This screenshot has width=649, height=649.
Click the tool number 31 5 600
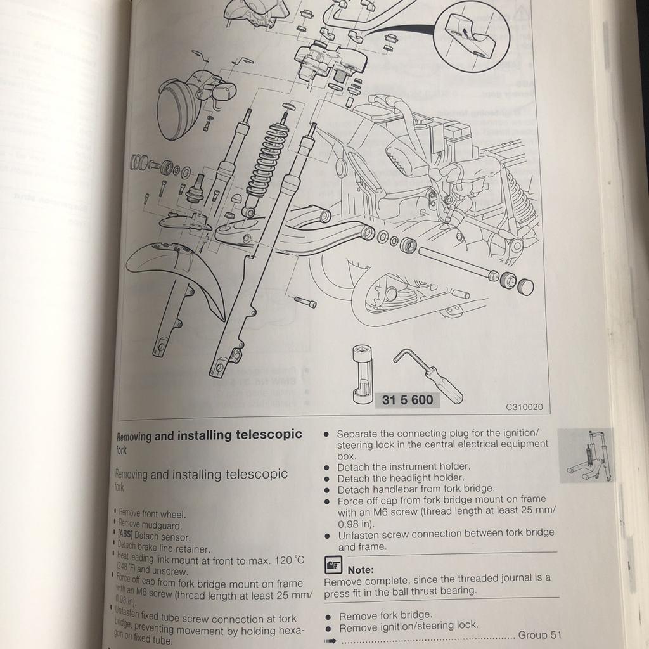[408, 400]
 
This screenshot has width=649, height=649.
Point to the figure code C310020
[524, 408]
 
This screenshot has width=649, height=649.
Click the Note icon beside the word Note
[333, 564]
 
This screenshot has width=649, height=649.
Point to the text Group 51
[539, 635]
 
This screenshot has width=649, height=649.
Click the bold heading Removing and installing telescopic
[209, 435]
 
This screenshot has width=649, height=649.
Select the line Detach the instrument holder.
[404, 466]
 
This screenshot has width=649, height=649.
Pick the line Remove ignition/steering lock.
[409, 625]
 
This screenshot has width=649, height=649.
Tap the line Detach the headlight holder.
[401, 477]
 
